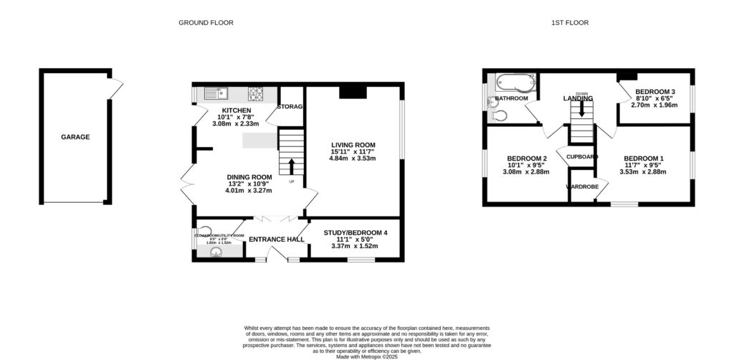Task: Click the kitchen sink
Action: pos(214,92)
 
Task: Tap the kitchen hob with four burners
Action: pos(256,92)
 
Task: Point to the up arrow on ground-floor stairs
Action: pos(291,166)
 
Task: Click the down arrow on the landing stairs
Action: pos(581,108)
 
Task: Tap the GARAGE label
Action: pos(75,137)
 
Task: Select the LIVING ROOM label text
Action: pos(353,145)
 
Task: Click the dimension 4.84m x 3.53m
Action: pos(353,158)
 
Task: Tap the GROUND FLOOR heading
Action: pos(206,23)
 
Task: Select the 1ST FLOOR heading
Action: pos(570,23)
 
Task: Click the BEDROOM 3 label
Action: pos(654,92)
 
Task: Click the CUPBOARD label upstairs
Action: pos(582,156)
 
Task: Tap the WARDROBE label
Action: pos(582,187)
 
